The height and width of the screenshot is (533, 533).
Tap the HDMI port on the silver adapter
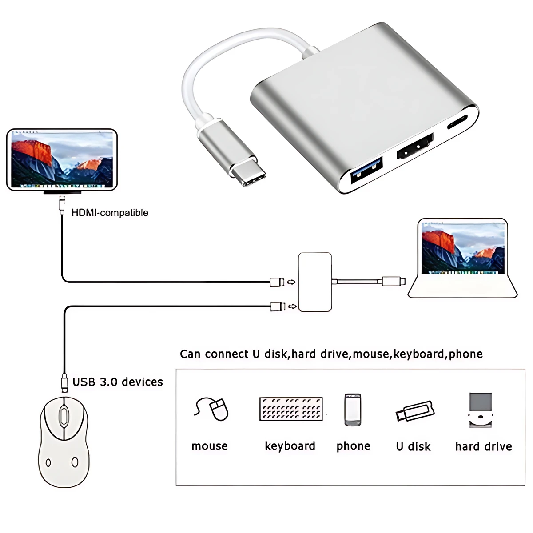[415, 148]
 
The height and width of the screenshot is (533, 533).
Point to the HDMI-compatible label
[110, 213]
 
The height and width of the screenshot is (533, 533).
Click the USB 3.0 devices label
[117, 382]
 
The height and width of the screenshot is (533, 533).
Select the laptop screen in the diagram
[463, 249]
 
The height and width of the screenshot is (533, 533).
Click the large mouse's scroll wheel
[64, 416]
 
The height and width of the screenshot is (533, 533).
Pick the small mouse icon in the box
[212, 408]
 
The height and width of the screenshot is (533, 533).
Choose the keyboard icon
[291, 409]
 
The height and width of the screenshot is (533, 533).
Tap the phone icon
[353, 410]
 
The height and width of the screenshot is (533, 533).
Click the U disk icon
[414, 411]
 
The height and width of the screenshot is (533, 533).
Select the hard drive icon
[481, 410]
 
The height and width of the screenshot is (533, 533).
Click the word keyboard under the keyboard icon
[290, 446]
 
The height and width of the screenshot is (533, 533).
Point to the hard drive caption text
[483, 446]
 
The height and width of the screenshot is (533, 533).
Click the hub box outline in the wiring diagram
[315, 282]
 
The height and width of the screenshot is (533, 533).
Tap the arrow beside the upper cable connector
[291, 282]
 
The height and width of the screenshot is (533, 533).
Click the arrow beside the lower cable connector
[292, 306]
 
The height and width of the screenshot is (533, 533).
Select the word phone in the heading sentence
[465, 354]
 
